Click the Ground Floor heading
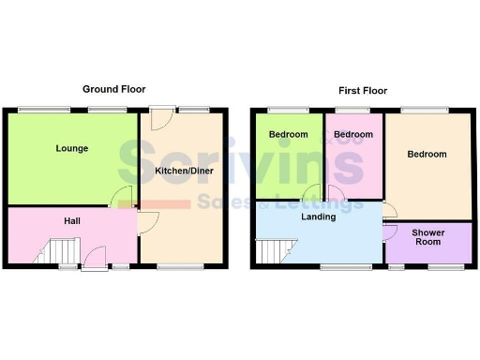(x=115, y=89)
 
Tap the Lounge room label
(x=71, y=148)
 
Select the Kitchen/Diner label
(x=182, y=171)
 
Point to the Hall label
(x=71, y=221)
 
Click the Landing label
(x=319, y=217)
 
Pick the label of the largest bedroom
(x=427, y=155)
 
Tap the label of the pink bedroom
(x=352, y=135)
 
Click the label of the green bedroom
(x=288, y=135)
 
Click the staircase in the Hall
(x=60, y=251)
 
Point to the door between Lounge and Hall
(x=121, y=198)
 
